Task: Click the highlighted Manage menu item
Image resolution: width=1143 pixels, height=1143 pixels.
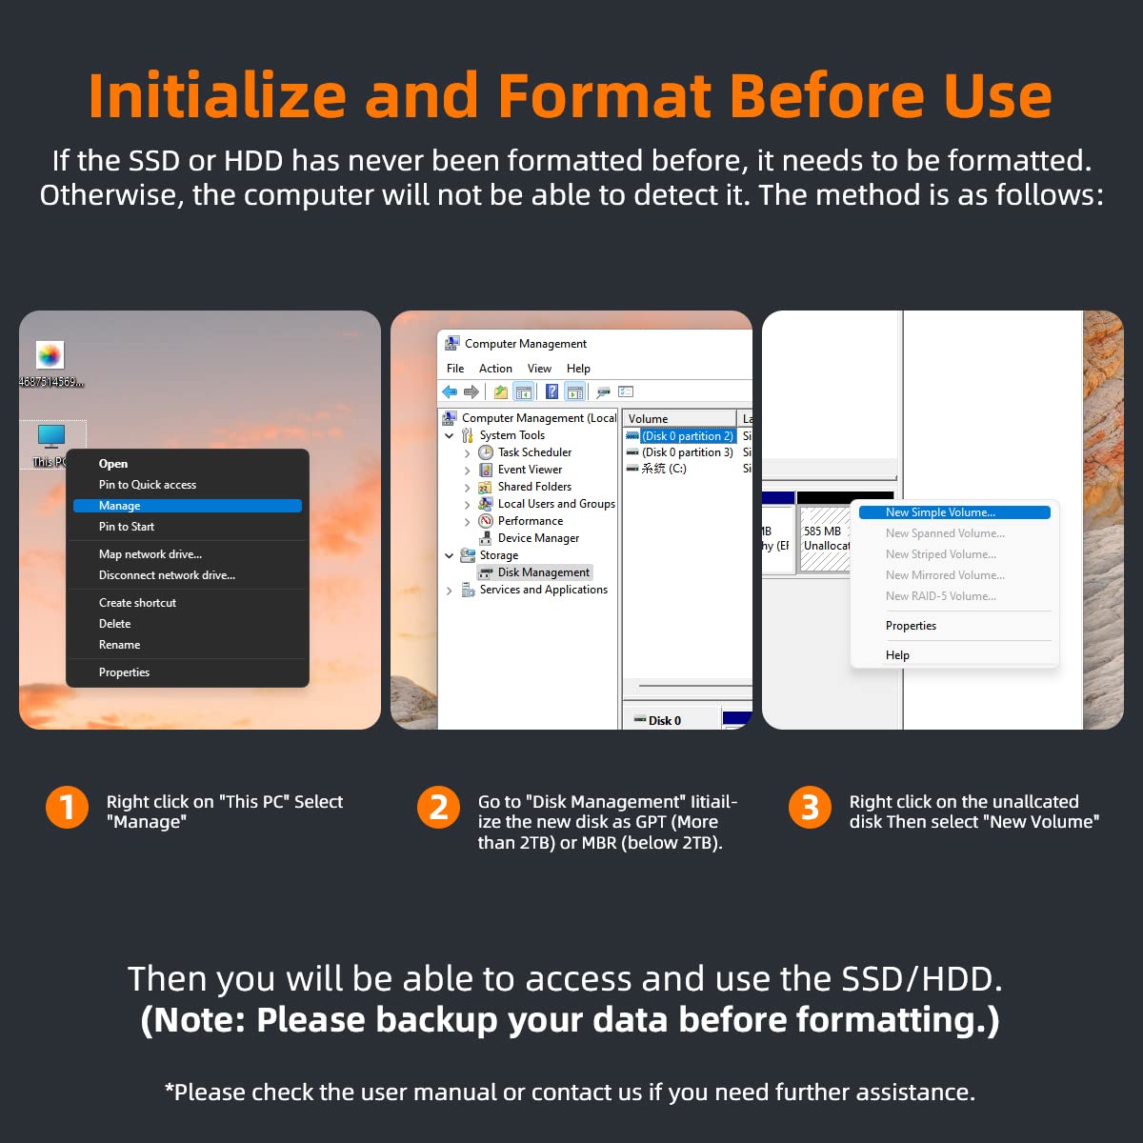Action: [x=188, y=506]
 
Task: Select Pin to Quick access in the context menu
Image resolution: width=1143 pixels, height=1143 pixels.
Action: [x=147, y=485]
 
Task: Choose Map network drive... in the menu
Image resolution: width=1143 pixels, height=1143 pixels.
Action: [x=150, y=554]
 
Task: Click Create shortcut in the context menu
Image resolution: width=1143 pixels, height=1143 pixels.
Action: [x=137, y=603]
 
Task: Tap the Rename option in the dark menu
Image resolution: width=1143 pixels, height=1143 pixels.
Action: [x=119, y=645]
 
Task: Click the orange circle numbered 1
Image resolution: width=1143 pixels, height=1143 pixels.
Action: [x=67, y=808]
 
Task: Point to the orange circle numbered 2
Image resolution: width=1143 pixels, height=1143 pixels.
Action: [x=438, y=808]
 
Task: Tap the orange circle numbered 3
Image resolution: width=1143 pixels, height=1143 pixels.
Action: [x=810, y=808]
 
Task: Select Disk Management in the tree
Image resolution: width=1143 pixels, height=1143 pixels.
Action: [x=543, y=572]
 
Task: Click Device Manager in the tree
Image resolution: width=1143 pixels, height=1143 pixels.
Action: [x=538, y=538]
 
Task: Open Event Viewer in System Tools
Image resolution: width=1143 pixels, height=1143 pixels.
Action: [x=530, y=470]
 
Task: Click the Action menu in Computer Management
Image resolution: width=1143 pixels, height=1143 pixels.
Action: [x=495, y=369]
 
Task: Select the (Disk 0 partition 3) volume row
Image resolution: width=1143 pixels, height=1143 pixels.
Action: [x=687, y=452]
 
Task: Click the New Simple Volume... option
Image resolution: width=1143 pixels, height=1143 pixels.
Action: [x=954, y=512]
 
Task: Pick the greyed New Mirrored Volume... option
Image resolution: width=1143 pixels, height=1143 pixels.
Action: [x=945, y=575]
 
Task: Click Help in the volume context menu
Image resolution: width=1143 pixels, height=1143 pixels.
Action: [x=897, y=655]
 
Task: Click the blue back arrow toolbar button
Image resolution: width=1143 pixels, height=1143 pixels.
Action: [x=450, y=391]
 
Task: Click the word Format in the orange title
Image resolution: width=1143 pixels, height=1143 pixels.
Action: [x=605, y=95]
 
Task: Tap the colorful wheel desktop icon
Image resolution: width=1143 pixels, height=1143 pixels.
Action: [x=50, y=355]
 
